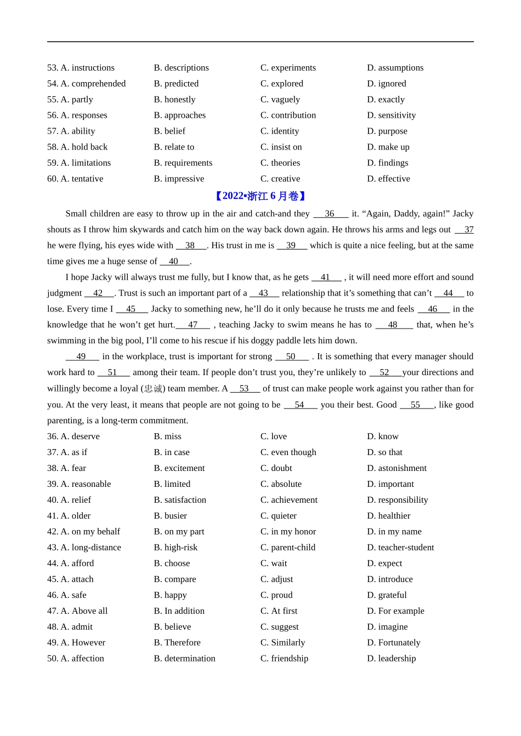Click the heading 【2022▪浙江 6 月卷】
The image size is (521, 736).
tap(260, 196)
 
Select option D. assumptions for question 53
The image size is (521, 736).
tap(395, 68)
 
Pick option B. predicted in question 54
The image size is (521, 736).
tap(176, 84)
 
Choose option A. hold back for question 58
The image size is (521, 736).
tap(77, 147)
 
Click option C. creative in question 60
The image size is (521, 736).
tap(280, 179)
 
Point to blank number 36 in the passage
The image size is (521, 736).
tap(330, 214)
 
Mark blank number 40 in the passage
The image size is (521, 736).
tap(174, 262)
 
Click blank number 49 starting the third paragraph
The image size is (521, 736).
tap(82, 357)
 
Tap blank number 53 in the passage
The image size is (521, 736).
tap(245, 389)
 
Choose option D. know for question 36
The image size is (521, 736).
tap(383, 436)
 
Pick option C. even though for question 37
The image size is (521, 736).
tap(288, 452)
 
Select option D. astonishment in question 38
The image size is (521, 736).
tap(397, 468)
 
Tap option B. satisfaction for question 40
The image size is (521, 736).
tap(180, 500)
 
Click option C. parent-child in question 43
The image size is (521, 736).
tap(288, 548)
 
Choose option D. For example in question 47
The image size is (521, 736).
tap(395, 611)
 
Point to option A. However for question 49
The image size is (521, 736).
tap(76, 643)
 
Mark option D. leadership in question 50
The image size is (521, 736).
tap(392, 659)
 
